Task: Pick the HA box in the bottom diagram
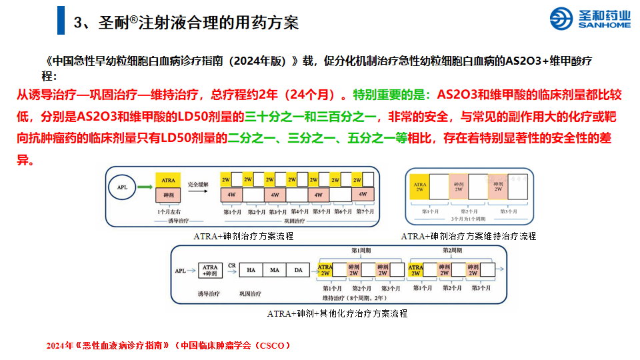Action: pos(251,270)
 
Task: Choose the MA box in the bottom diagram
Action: pos(275,270)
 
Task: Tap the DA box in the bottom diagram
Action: pos(298,270)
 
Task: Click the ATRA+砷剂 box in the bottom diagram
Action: pos(210,271)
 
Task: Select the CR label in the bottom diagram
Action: pos(232,265)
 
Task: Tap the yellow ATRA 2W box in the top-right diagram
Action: pos(420,187)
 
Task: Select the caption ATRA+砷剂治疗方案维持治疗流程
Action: pos(468,236)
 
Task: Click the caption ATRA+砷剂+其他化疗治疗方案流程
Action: pos(337,313)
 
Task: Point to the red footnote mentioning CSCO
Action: pos(169,345)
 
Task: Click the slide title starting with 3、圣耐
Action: pos(187,22)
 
